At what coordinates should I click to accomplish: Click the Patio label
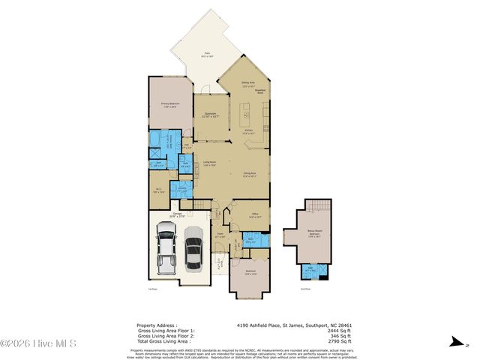click(x=207, y=55)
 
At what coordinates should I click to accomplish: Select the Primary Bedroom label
click(x=169, y=105)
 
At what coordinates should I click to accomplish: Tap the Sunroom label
click(x=211, y=115)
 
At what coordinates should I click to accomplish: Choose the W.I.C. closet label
click(x=157, y=190)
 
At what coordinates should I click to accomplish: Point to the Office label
click(x=255, y=215)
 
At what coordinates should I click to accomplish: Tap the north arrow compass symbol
click(x=456, y=342)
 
